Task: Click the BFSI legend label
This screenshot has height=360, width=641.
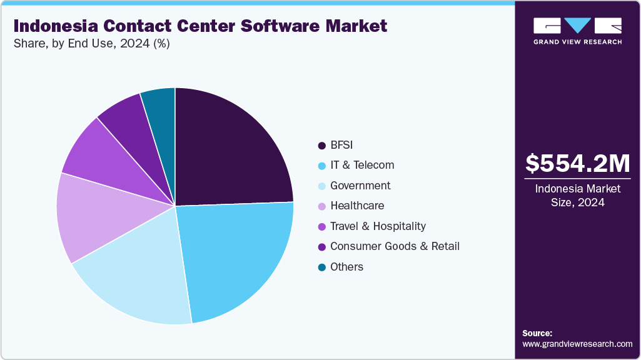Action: (341, 145)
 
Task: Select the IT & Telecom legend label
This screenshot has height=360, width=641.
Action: (362, 165)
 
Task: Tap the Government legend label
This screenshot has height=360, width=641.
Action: (360, 186)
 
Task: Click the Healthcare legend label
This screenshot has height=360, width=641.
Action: (357, 206)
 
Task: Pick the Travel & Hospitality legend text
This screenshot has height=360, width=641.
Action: (378, 226)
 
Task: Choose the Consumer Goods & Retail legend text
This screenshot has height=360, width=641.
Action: (395, 246)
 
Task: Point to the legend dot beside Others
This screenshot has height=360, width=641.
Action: (321, 267)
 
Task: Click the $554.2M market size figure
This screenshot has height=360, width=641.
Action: (577, 164)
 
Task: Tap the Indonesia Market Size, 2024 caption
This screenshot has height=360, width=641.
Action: (577, 195)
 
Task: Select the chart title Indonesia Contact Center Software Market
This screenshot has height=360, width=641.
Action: (200, 26)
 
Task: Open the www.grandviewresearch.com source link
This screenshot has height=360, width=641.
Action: (577, 344)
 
